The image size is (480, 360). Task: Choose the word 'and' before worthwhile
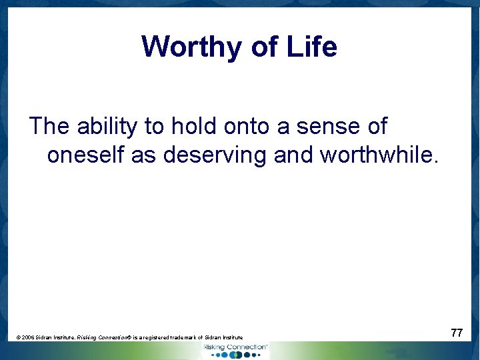[294, 155]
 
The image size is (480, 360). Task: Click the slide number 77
[457, 332]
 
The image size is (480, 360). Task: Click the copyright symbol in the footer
[18, 338]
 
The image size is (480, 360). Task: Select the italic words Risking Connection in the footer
[104, 338]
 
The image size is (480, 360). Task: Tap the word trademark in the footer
[183, 338]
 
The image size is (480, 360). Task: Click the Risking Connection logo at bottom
[235, 351]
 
